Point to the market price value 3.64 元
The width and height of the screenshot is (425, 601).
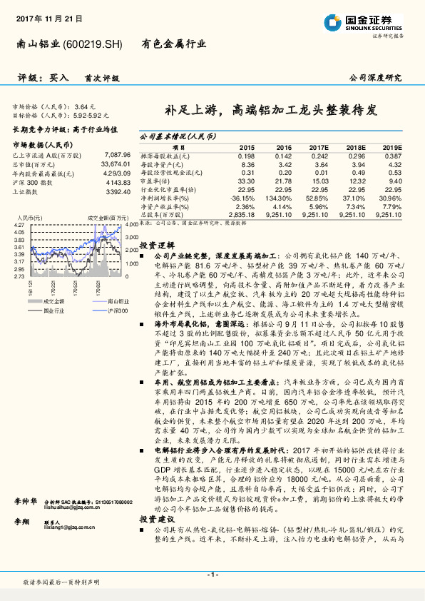point(83,106)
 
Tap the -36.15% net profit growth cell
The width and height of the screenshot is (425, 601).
point(242,196)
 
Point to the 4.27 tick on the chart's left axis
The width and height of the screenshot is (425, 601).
point(20,225)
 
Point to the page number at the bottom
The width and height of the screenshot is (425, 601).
point(212,575)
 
